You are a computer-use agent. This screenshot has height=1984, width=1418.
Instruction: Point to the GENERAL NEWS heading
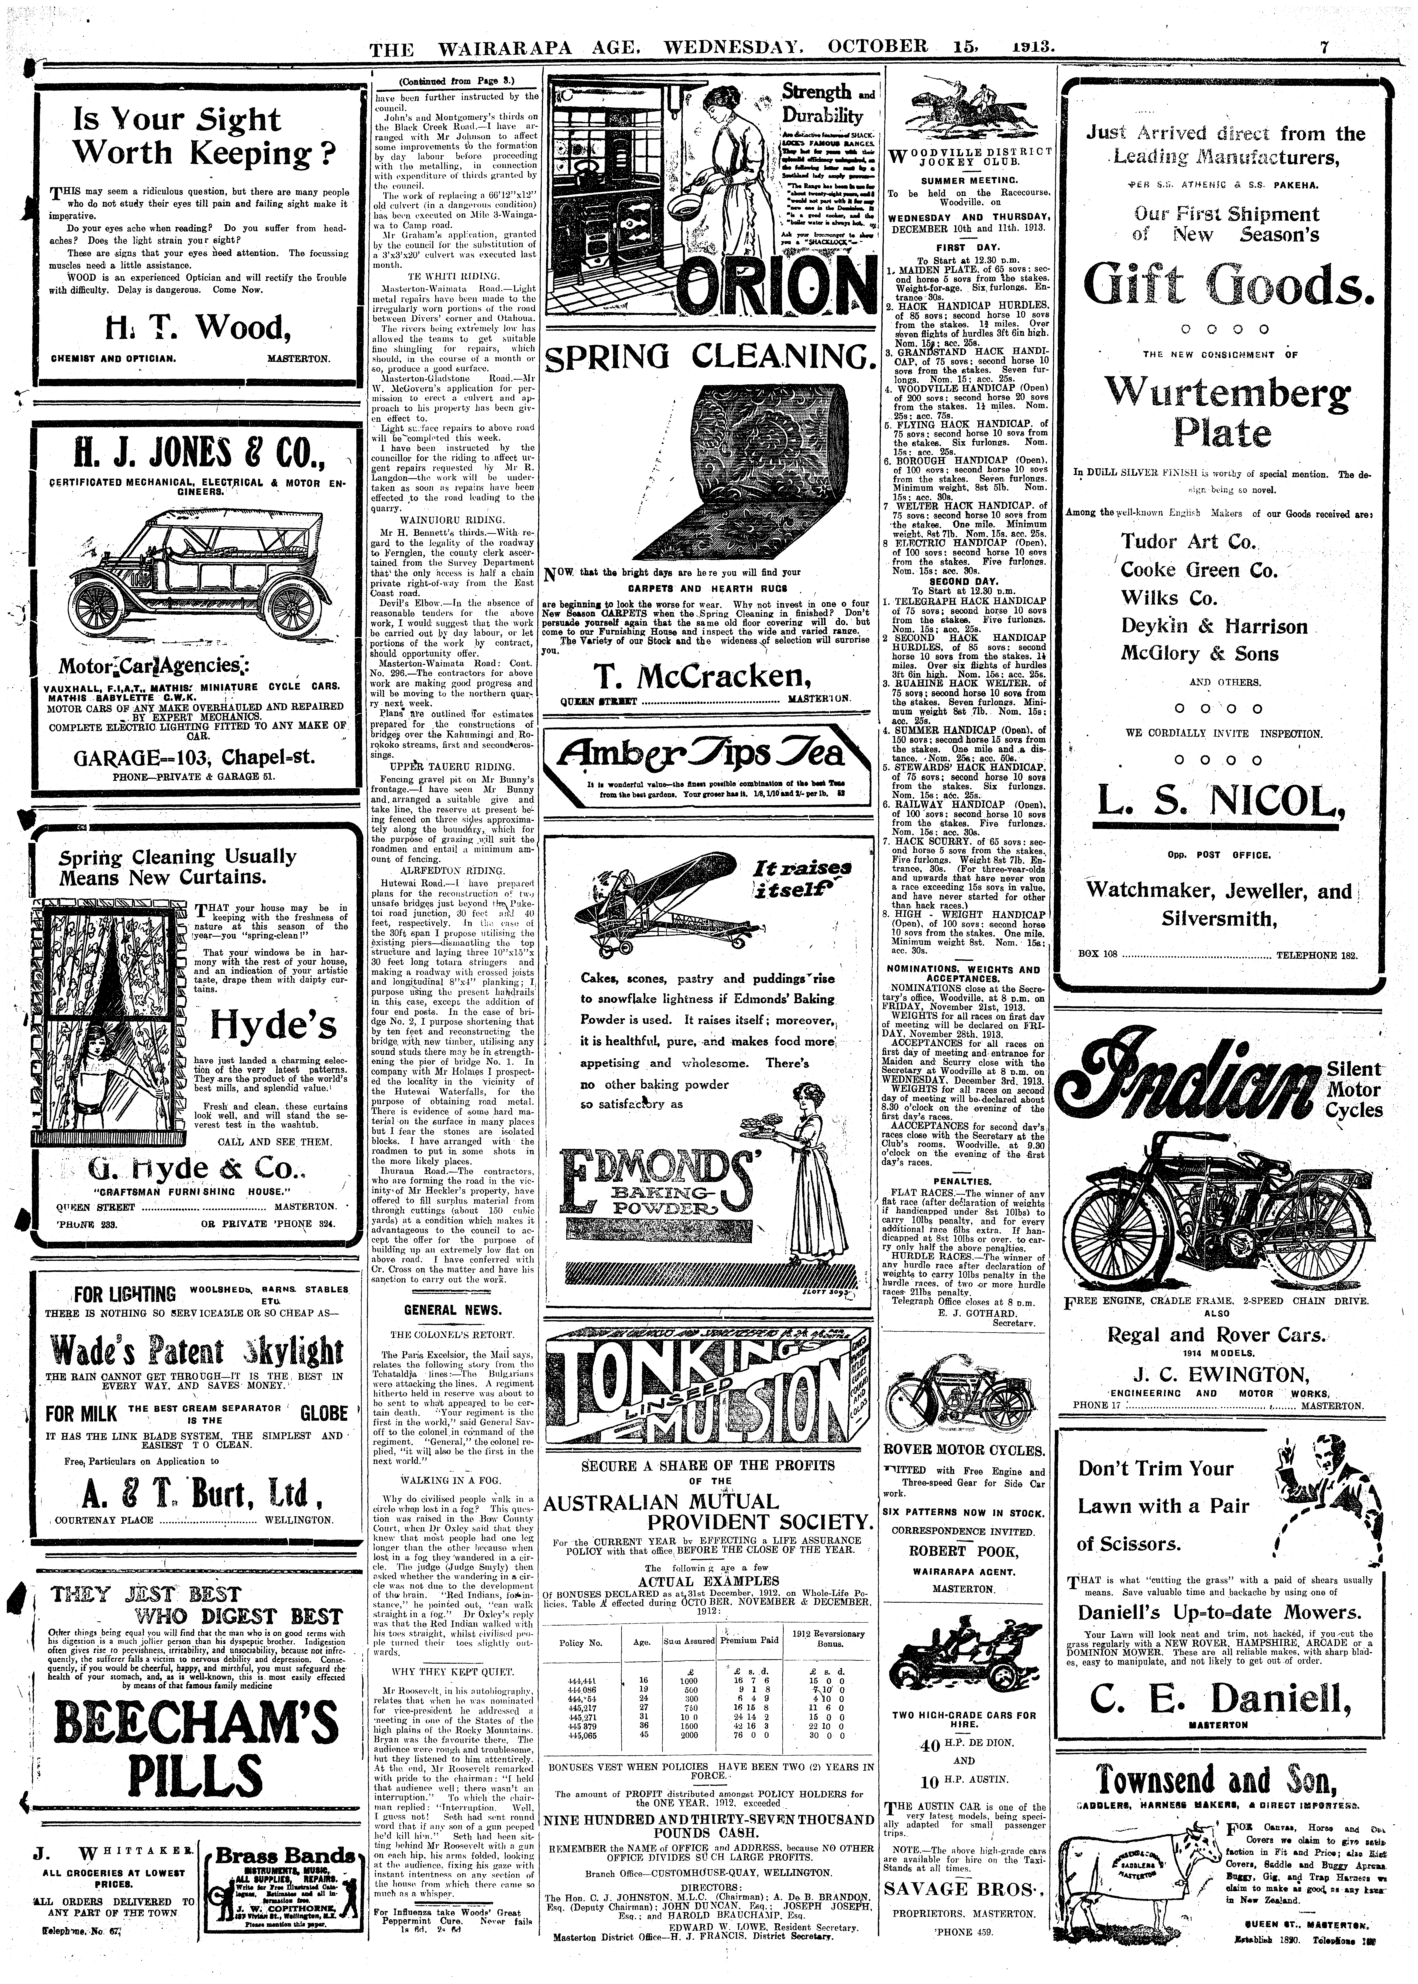coord(452,1309)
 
